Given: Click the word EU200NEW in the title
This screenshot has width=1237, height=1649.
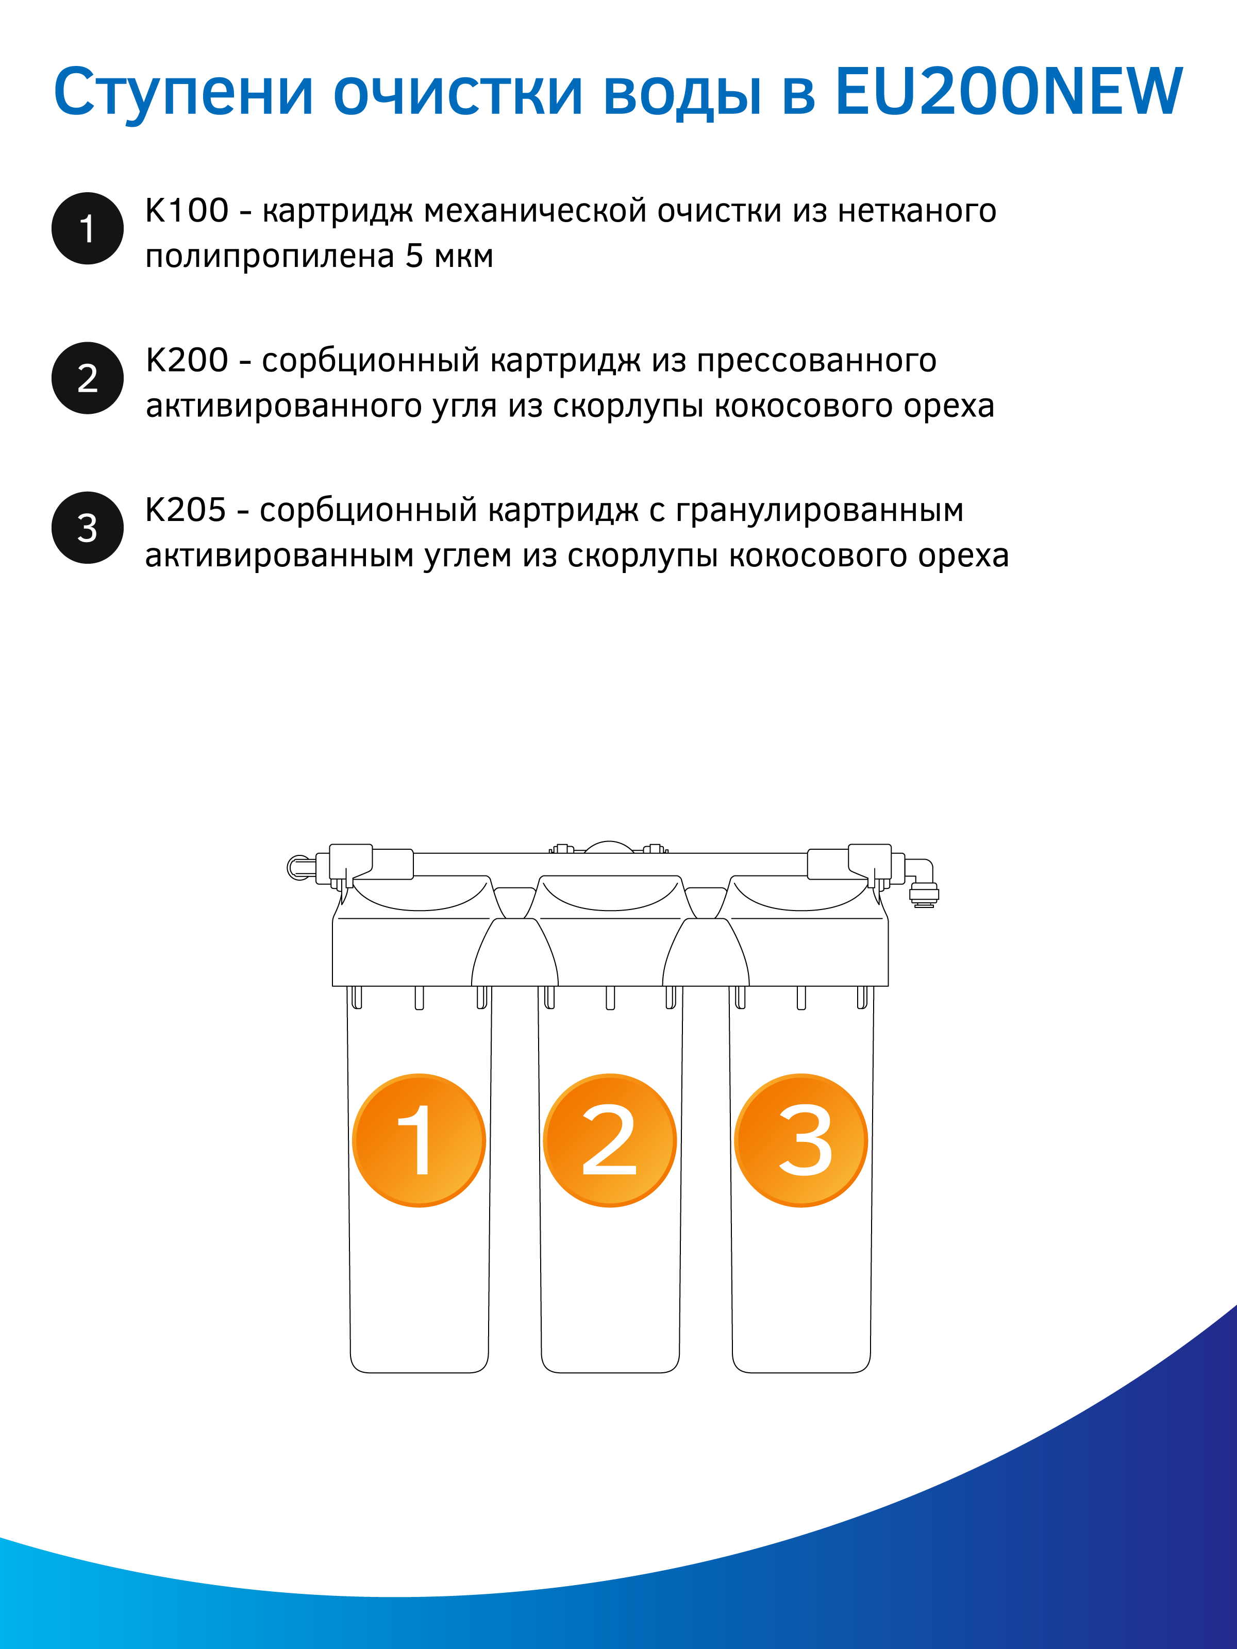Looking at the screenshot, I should pos(1008,92).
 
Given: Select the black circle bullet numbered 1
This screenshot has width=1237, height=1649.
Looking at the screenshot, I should pos(87,228).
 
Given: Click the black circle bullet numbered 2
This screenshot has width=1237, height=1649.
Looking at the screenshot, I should pos(87,378).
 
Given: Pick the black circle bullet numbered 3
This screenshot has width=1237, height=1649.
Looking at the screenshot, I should pos(87,528).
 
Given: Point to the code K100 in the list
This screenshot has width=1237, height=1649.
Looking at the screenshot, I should pos(187,210).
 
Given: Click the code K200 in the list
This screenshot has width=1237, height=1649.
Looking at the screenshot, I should pos(187,360).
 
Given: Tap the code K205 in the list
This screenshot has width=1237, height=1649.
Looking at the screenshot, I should pos(186,510).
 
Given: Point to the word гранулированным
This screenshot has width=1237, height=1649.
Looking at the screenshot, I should pos(820,511).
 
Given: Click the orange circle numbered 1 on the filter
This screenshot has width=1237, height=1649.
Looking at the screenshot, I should pos(419,1140).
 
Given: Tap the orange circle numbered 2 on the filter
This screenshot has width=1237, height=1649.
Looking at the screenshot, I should pos(610,1140).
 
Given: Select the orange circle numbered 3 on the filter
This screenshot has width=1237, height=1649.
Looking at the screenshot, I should pos(801,1140).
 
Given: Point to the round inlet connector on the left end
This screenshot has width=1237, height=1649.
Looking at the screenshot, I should pos(298,867).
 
